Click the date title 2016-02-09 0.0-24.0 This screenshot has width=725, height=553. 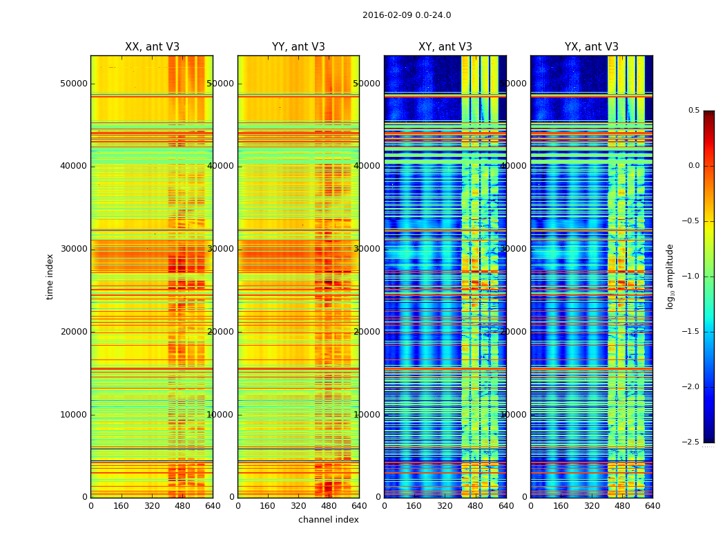(x=407, y=15)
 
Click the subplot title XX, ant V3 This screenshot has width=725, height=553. (x=152, y=47)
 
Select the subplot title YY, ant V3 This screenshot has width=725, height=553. (x=298, y=47)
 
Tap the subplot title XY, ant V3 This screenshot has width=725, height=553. (x=445, y=47)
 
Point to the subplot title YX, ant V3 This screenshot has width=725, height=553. (x=592, y=47)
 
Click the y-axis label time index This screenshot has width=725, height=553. (x=50, y=276)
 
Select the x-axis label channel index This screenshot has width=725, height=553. (x=329, y=520)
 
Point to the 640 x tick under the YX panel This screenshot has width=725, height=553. (x=652, y=506)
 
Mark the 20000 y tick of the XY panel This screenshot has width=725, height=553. (x=367, y=332)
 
